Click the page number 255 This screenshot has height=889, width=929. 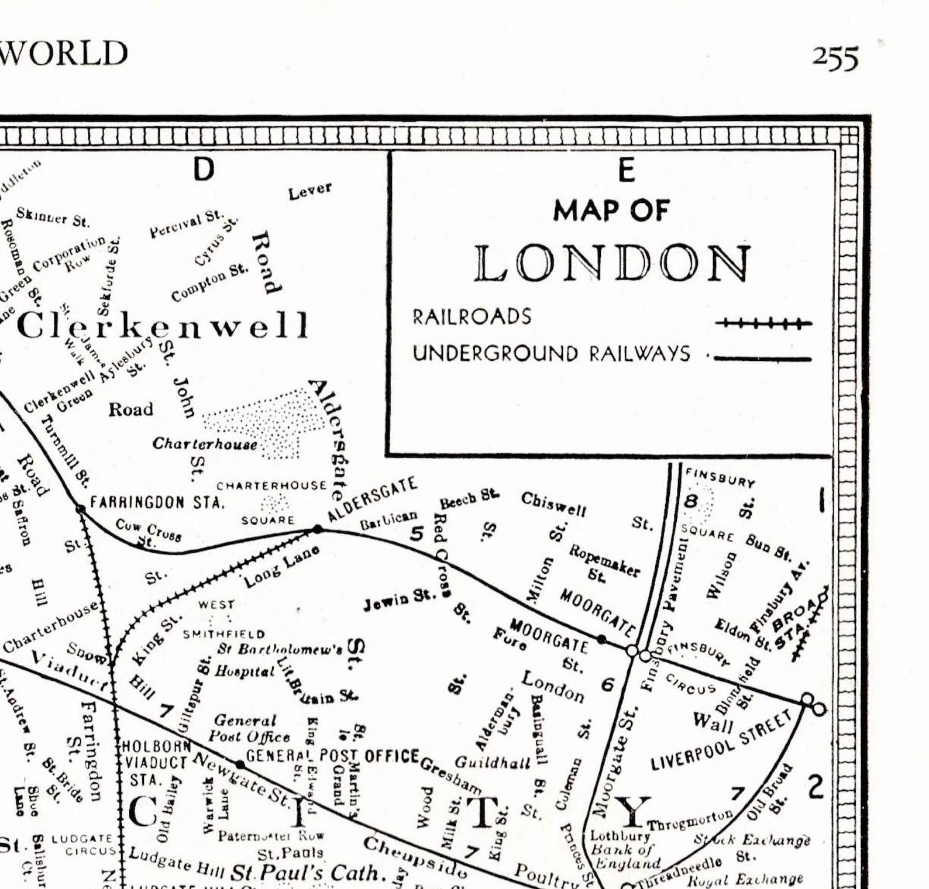835,58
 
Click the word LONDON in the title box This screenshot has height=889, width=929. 612,264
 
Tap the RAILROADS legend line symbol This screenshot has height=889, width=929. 766,323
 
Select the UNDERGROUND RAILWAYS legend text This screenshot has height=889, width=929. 551,354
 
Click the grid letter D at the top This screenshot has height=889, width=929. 204,170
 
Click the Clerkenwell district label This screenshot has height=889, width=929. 163,326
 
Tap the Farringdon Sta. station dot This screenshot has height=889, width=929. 81,509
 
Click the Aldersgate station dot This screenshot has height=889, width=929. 318,529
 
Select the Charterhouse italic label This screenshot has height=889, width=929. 205,444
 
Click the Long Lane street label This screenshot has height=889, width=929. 282,566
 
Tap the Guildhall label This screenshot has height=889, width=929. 493,762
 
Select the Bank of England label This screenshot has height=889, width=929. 625,856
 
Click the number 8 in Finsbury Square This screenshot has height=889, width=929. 691,501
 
